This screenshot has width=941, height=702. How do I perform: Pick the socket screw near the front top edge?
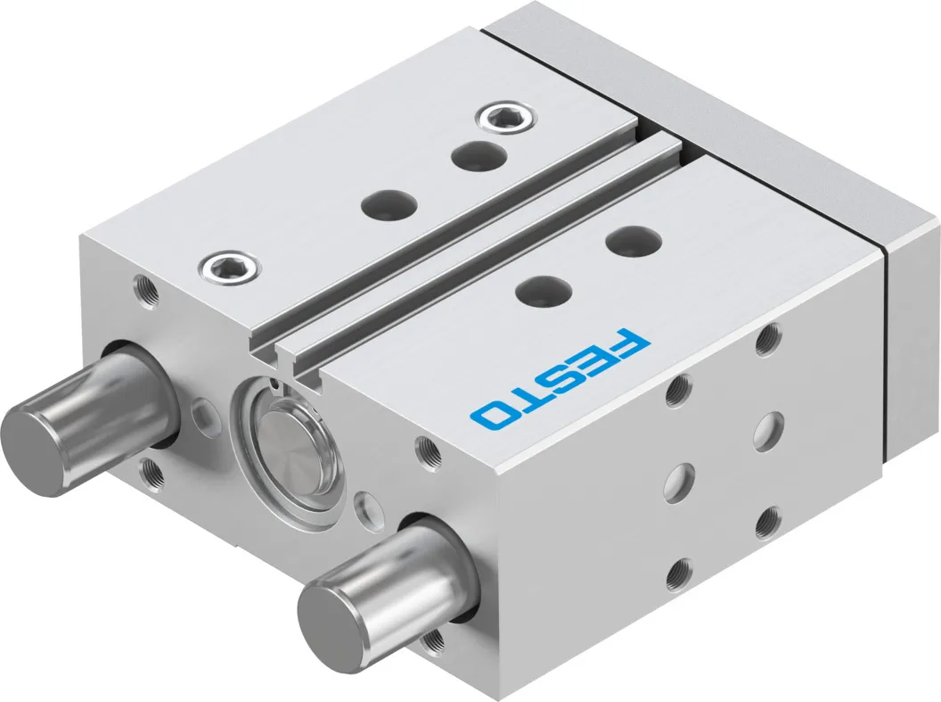click(231, 265)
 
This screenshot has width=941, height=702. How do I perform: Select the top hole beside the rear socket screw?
click(479, 155)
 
